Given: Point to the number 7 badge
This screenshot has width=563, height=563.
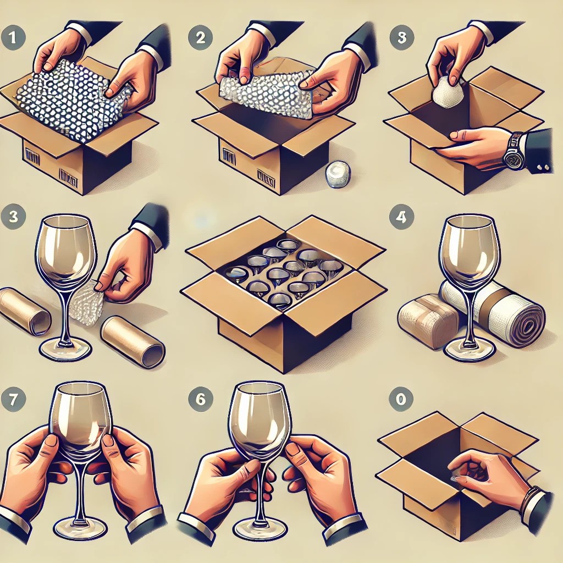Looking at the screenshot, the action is (x=13, y=399).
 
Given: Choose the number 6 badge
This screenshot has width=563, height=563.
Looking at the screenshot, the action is (x=200, y=399).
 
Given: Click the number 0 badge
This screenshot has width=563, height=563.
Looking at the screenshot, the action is (x=401, y=399).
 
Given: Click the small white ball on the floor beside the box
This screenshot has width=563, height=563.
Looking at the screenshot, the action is (x=338, y=174).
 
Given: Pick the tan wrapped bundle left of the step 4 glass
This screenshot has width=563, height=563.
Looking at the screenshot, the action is (x=427, y=321).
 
